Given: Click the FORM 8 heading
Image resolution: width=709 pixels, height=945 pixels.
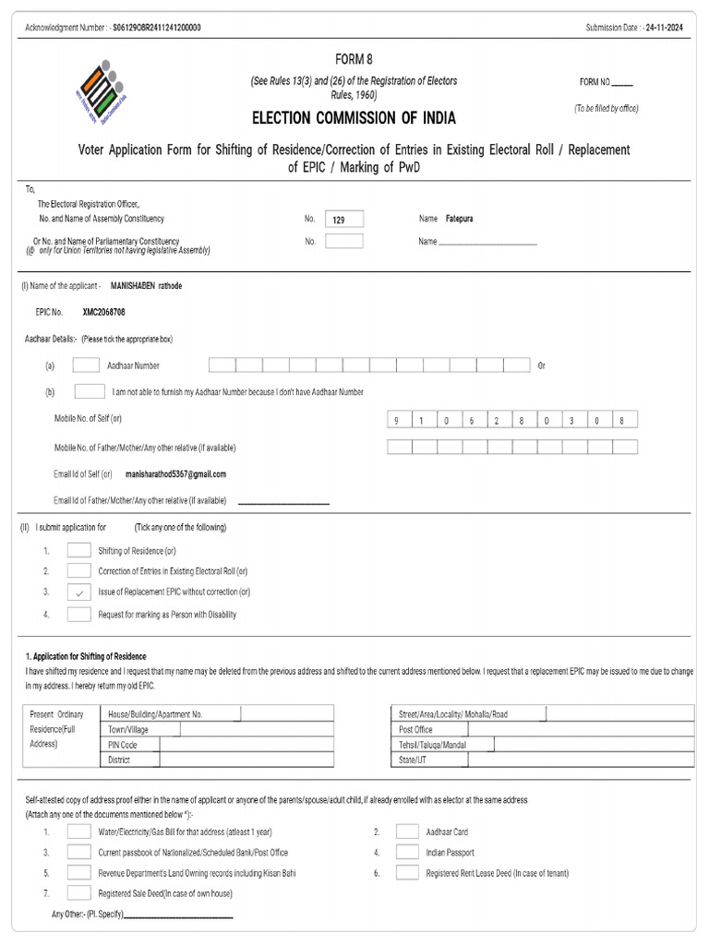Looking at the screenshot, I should [x=354, y=59].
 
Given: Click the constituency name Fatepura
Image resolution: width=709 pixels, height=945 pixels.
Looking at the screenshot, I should [x=459, y=219].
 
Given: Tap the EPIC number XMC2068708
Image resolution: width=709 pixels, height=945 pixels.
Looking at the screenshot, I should [x=103, y=312].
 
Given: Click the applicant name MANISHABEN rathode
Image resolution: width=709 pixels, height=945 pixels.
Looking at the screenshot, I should [x=146, y=286].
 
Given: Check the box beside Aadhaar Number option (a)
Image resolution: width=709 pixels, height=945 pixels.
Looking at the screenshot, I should [x=86, y=365].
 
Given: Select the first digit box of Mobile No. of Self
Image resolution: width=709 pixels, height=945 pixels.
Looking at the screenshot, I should [x=399, y=421].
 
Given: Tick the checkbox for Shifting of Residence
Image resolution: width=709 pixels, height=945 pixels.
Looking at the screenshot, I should [x=78, y=551].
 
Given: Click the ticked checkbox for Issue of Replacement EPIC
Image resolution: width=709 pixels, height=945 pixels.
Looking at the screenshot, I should [x=78, y=592].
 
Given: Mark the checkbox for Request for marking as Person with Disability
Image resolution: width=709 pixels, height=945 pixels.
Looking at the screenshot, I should [x=78, y=615].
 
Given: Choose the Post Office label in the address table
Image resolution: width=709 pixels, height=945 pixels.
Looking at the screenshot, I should [x=415, y=729].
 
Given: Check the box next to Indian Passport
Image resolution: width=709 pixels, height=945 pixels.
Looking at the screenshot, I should [x=407, y=852].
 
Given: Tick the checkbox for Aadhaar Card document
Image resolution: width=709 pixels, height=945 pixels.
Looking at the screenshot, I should [x=407, y=831].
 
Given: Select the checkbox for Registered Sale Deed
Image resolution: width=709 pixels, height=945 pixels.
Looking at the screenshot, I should [x=78, y=893].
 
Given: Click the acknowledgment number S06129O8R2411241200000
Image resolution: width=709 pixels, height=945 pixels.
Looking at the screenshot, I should [x=156, y=28].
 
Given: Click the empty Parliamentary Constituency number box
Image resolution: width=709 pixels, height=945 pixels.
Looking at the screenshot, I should [x=344, y=241].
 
